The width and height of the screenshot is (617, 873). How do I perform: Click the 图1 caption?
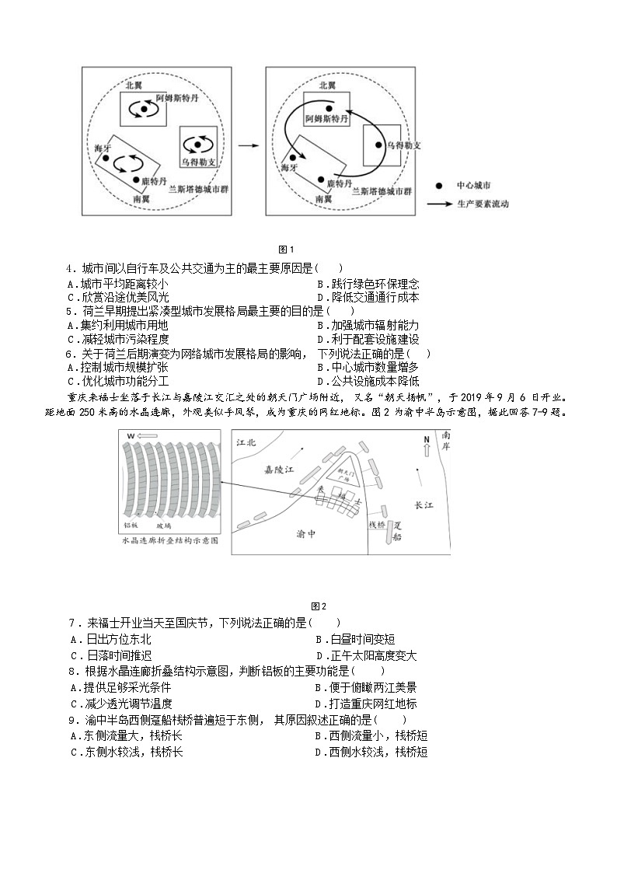click(285, 250)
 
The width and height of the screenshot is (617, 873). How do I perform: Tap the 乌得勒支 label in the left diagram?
click(198, 162)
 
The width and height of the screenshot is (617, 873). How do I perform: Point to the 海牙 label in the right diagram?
click(289, 166)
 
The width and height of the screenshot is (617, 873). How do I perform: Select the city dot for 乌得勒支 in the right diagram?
click(379, 145)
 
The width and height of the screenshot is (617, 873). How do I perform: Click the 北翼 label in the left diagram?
click(134, 84)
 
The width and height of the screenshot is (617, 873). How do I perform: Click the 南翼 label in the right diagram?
click(325, 199)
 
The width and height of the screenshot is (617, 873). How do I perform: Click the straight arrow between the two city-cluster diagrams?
click(248, 145)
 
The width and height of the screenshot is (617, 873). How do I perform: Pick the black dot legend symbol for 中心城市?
click(439, 186)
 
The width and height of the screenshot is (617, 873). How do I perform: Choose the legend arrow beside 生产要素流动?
click(441, 204)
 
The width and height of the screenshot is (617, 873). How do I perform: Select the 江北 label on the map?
click(245, 442)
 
